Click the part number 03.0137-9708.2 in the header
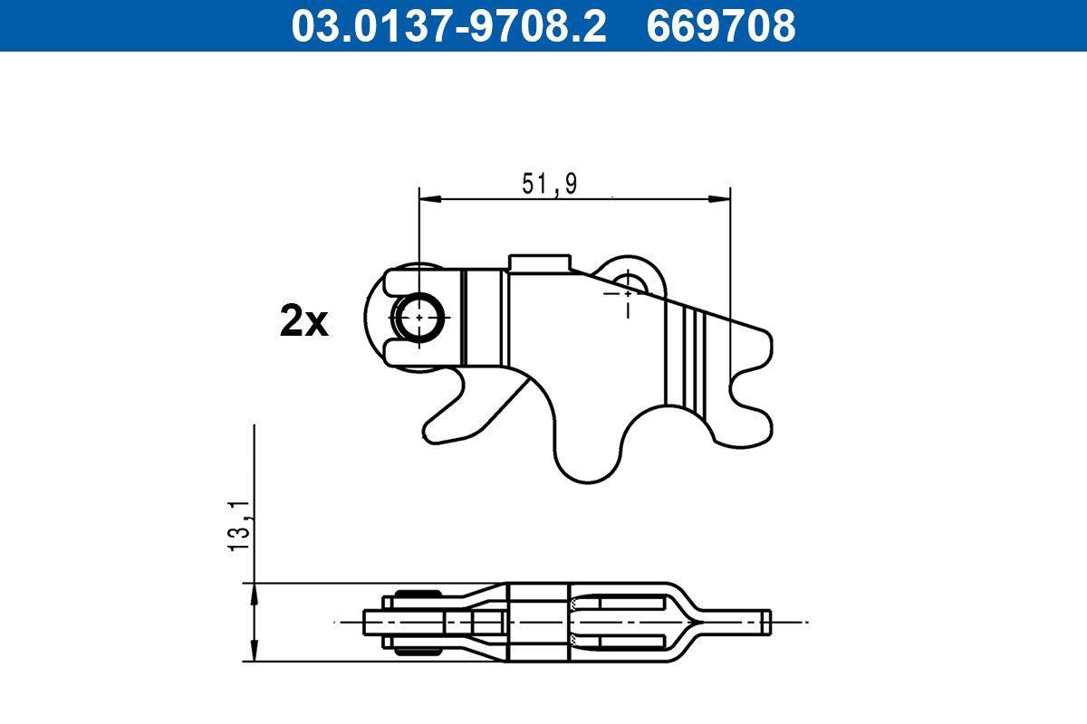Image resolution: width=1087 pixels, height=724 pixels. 448,25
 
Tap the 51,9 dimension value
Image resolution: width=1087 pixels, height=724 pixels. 550,184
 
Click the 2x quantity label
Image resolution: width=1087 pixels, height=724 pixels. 303,321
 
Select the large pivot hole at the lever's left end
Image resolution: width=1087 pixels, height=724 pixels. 419,317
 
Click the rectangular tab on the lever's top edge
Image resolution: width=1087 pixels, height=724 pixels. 540,263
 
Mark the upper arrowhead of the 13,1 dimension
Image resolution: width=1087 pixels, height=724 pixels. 255,592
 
